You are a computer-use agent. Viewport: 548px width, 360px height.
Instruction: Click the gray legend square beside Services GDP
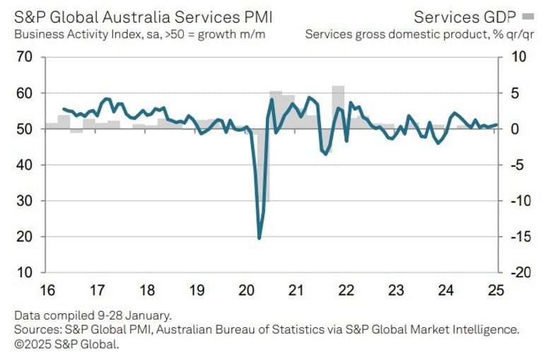click(x=527, y=16)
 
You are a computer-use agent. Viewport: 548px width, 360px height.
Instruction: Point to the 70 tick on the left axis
click(x=25, y=57)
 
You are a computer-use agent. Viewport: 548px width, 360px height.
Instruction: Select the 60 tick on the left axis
click(x=25, y=93)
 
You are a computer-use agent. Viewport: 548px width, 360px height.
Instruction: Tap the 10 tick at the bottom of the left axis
click(x=25, y=272)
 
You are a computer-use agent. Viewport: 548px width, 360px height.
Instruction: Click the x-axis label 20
click(x=246, y=291)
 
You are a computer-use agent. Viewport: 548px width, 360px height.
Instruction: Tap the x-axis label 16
click(x=47, y=291)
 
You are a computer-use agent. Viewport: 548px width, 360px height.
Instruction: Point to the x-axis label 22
click(x=346, y=291)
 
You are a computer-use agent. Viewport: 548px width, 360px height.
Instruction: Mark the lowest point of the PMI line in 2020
click(x=260, y=238)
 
